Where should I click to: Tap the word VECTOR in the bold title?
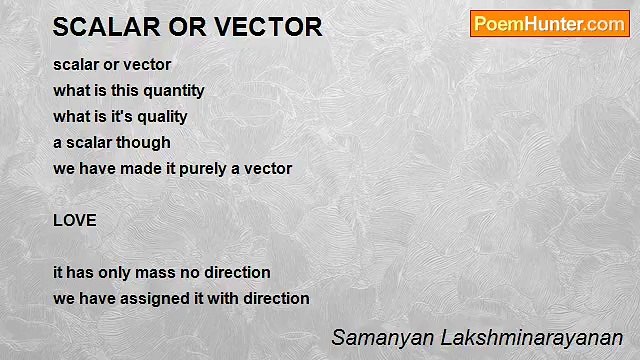pyautogui.click(x=269, y=28)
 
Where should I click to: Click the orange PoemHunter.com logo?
pyautogui.click(x=549, y=24)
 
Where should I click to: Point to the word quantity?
pyautogui.click(x=170, y=90)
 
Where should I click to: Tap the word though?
pyautogui.click(x=146, y=142)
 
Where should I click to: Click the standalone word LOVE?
pyautogui.click(x=75, y=220)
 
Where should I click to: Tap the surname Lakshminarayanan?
pyautogui.click(x=527, y=337)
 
